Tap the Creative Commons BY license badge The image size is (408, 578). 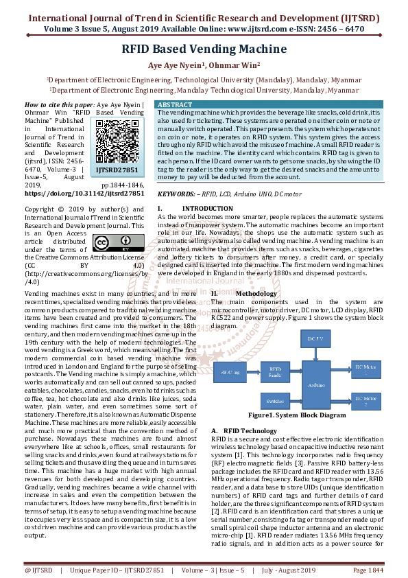click(x=110, y=244)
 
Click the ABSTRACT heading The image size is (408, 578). click(x=176, y=104)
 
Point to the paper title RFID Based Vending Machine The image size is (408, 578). click(x=204, y=49)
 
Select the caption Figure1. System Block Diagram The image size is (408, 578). click(x=297, y=415)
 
